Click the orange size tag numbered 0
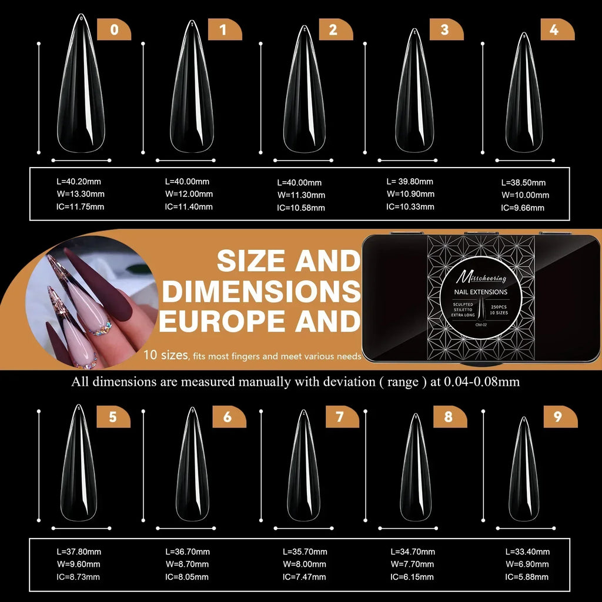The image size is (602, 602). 113,29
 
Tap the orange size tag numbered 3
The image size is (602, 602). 445,29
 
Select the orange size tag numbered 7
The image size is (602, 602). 340,417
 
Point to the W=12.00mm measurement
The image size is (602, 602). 189,194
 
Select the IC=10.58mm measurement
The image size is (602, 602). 300,208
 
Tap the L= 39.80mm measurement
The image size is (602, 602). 410,182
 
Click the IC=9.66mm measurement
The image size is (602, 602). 523,208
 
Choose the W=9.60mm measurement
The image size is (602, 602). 78,564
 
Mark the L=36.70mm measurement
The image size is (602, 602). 188,552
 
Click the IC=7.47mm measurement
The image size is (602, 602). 304,577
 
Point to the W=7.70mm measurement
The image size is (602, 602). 412,564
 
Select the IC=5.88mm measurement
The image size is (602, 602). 527,577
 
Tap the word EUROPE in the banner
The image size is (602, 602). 225,320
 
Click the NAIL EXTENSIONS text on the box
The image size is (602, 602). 480,292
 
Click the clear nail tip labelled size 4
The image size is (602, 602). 523,94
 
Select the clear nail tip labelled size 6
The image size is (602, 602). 192,467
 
